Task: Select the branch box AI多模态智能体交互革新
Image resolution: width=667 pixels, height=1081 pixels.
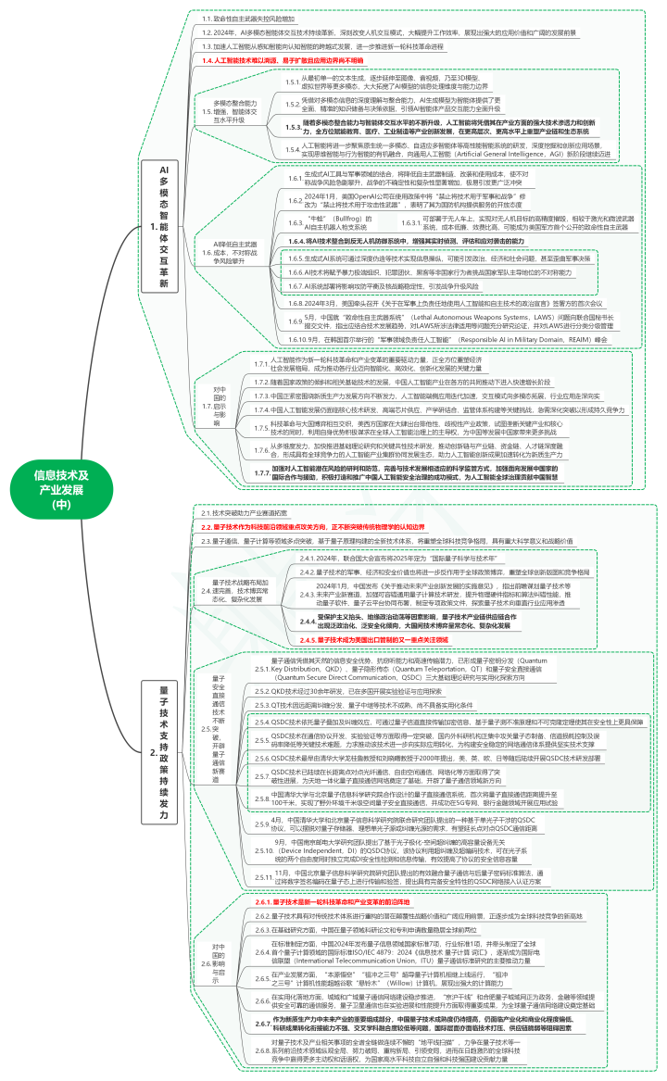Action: (164, 228)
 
